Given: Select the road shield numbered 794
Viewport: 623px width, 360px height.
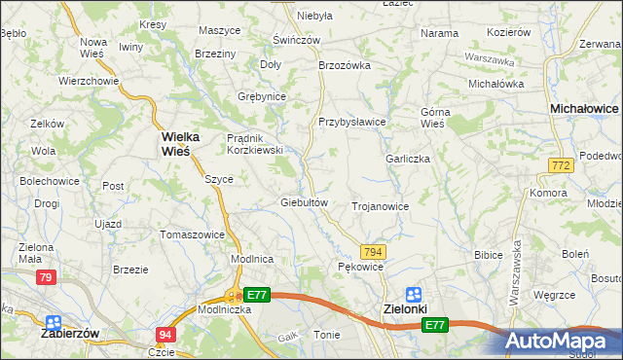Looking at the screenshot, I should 374,251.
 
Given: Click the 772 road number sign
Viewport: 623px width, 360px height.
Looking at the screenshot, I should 560,167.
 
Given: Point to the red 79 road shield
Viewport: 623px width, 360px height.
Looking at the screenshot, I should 46,278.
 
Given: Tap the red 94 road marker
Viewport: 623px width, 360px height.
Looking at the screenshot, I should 165,334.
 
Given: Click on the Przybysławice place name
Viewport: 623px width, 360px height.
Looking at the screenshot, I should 352,122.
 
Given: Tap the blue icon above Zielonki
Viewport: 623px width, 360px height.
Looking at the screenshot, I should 414,293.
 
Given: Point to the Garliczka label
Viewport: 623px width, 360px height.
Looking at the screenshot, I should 407,159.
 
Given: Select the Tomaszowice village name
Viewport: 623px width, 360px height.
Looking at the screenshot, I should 193,234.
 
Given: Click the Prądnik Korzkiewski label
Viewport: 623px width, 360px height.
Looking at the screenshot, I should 254,144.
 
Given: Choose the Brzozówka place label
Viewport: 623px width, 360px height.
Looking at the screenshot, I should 346,65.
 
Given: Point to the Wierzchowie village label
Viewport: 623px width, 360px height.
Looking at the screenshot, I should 88,81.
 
